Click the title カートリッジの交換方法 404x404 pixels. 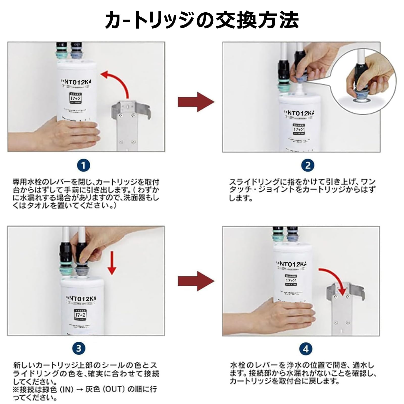(202, 20)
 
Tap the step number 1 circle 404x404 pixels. (83, 166)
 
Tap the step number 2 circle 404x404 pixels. (308, 166)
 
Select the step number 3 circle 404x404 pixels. (79, 348)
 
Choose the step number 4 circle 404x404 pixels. (306, 349)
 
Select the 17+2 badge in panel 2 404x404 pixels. (298, 129)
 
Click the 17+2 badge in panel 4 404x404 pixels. (291, 280)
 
